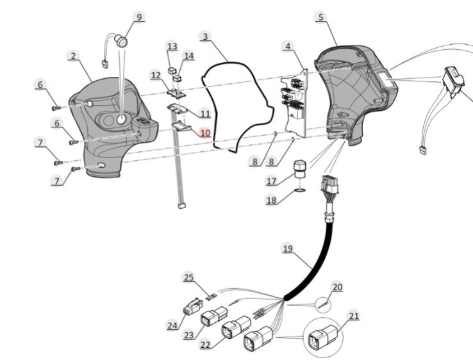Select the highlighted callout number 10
click(x=204, y=133)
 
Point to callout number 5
click(x=320, y=17)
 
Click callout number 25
click(x=188, y=277)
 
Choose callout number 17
click(x=271, y=182)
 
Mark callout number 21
click(x=354, y=315)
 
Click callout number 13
click(x=172, y=47)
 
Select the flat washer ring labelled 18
click(x=300, y=191)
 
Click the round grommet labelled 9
click(x=120, y=42)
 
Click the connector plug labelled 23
click(x=212, y=318)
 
